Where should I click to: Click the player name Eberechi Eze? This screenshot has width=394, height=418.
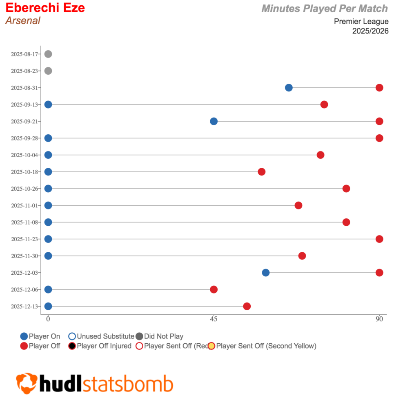[45, 8]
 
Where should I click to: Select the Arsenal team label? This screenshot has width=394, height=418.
[23, 20]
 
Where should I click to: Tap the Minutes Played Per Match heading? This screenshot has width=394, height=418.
[325, 9]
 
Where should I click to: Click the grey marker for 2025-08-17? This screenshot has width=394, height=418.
[48, 54]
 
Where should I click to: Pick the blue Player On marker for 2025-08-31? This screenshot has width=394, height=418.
[289, 88]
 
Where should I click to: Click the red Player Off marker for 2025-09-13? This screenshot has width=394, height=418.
[324, 104]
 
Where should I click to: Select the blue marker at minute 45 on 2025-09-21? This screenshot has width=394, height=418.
[214, 121]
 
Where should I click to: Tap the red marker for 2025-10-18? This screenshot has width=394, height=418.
[262, 172]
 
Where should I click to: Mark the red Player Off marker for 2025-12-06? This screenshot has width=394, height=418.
[214, 289]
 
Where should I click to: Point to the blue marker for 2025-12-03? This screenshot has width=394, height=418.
[266, 273]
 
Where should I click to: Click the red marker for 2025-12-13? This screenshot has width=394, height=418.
[247, 306]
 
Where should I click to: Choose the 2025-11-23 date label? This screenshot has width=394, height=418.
[24, 239]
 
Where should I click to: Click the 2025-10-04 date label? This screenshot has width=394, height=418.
[24, 155]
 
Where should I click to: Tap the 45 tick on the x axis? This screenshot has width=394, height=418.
[214, 319]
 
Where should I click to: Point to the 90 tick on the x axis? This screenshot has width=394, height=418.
[379, 319]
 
